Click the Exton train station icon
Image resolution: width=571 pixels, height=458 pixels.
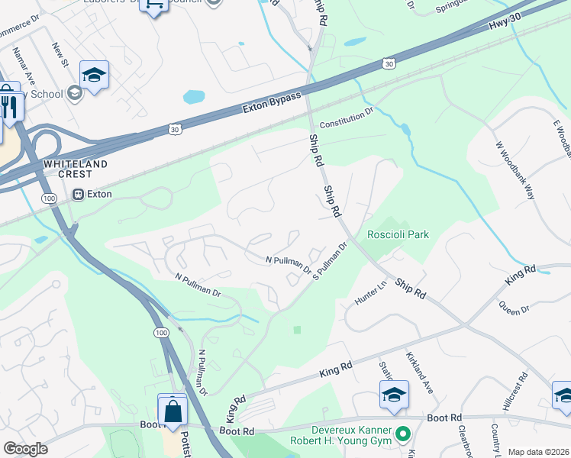[78, 194]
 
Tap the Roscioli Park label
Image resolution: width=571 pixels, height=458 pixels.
[398, 234]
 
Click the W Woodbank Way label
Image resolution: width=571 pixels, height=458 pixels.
[515, 169]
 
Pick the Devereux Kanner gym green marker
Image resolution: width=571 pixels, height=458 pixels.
[405, 434]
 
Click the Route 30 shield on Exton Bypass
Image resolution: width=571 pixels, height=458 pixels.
[175, 131]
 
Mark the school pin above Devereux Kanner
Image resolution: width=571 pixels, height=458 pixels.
[394, 395]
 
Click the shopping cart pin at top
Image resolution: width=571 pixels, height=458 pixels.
[154, 5]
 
